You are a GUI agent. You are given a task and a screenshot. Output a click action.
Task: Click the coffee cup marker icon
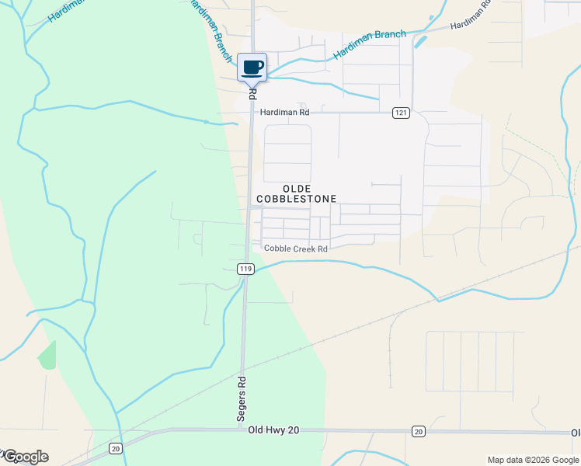click(x=252, y=67)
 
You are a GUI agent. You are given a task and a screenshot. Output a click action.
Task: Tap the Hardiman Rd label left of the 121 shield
click(x=284, y=113)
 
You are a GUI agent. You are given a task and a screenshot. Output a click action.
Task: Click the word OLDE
click(x=297, y=189)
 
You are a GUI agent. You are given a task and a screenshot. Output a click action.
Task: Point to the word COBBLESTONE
click(x=297, y=199)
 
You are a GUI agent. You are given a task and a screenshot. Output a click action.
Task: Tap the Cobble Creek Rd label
click(x=296, y=249)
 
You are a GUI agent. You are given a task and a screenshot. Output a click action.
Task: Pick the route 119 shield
click(x=245, y=269)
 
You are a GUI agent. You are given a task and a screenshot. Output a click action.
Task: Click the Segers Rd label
click(x=242, y=399)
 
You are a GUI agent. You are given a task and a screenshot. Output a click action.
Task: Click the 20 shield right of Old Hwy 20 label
click(x=418, y=431)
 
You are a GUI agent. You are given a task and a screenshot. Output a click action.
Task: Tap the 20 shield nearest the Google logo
click(x=116, y=447)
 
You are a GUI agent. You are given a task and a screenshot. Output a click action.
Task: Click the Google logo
click(x=25, y=456)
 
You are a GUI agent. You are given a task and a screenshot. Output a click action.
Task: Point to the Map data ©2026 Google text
click(x=532, y=460)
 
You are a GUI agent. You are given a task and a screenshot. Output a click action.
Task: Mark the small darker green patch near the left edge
click(x=47, y=355)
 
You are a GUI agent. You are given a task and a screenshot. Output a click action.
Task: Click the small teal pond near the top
click(x=420, y=41)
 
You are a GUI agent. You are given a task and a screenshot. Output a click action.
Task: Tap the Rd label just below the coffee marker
click(x=252, y=92)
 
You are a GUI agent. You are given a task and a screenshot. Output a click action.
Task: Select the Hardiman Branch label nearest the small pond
click(x=370, y=45)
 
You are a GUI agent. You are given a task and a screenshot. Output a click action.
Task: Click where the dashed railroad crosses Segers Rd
click(x=242, y=367)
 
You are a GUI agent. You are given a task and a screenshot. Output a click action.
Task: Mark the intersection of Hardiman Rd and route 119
click(x=250, y=113)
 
